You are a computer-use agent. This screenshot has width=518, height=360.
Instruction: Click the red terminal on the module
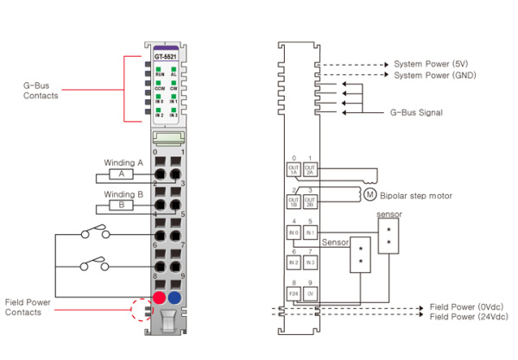159,298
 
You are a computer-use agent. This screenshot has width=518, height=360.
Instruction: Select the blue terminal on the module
175,298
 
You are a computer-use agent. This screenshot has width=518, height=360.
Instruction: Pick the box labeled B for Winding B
121,205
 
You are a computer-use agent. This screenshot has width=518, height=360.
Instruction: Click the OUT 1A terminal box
294,170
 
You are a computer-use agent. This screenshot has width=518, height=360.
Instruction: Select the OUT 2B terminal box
311,201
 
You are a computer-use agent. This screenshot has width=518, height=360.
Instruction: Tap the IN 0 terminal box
294,232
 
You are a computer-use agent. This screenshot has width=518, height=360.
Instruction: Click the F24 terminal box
294,294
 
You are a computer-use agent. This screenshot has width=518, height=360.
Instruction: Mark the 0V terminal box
311,294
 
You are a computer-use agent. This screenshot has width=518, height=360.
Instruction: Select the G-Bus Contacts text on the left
41,91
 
